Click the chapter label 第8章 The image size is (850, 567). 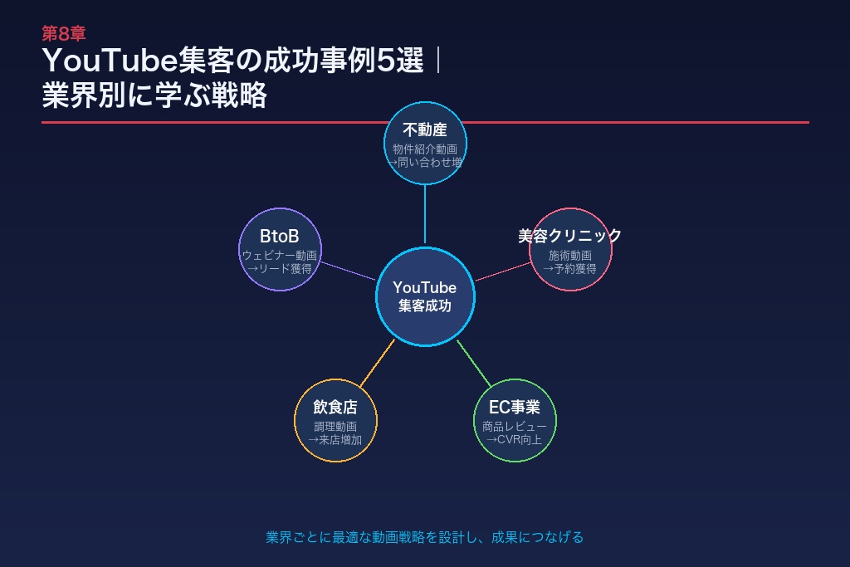click(64, 34)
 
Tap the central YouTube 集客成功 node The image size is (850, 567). click(424, 296)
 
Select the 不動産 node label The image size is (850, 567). click(425, 130)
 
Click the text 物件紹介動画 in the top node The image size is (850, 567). click(425, 149)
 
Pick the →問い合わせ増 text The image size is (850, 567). click(425, 163)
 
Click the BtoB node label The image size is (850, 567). click(279, 237)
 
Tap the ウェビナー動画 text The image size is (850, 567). click(279, 256)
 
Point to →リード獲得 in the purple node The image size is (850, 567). click(279, 269)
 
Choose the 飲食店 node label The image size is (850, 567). click(335, 408)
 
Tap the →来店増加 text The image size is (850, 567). click(335, 440)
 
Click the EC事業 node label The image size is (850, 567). click(514, 408)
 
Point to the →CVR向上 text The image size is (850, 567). click(514, 440)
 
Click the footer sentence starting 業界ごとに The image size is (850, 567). click(424, 537)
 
